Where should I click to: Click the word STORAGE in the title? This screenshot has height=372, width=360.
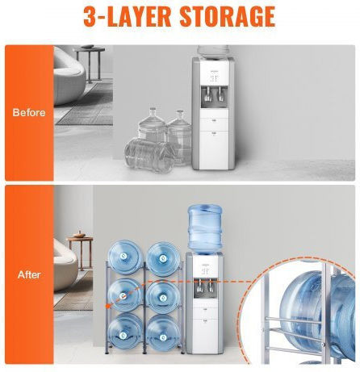(228, 16)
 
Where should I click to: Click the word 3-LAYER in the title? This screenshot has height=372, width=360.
(127, 16)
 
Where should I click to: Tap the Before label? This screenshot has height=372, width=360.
(29, 112)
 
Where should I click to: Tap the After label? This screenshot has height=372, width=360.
(29, 274)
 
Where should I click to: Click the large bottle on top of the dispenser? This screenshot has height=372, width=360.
(205, 229)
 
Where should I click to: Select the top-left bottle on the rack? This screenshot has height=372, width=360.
(125, 257)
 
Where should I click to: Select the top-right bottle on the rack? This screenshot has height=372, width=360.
(163, 259)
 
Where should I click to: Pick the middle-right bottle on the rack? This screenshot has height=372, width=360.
(163, 298)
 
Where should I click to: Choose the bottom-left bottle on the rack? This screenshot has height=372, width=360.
(125, 333)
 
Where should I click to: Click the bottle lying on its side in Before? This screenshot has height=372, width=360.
(148, 155)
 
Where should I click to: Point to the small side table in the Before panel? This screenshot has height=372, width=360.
(89, 64)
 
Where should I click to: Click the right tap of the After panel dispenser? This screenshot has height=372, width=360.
(210, 286)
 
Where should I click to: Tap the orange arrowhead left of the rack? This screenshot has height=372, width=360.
(108, 306)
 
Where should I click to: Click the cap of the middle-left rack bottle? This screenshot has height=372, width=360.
(123, 296)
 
